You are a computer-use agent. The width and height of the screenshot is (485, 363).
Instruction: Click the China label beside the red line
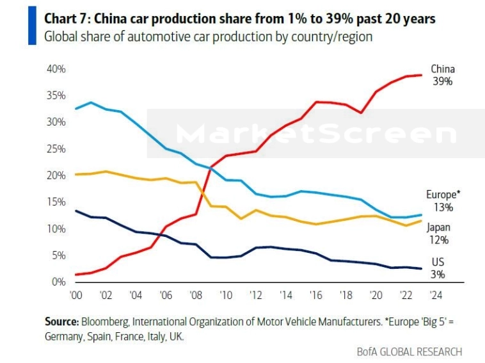[442, 69]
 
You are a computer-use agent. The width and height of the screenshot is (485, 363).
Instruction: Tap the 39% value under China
[442, 81]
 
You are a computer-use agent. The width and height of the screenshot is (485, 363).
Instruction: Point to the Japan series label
[440, 228]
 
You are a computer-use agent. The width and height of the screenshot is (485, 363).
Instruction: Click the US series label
[438, 262]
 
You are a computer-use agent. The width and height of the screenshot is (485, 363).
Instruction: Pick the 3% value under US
[438, 275]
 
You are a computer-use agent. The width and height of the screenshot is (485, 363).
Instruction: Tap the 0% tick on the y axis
[59, 282]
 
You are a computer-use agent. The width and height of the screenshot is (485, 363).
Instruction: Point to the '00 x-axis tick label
[77, 296]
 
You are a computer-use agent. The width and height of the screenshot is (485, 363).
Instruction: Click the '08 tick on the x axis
[196, 296]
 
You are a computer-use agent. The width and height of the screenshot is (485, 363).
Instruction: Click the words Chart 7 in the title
[66, 19]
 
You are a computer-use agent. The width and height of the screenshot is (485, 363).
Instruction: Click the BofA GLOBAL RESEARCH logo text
[409, 351]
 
